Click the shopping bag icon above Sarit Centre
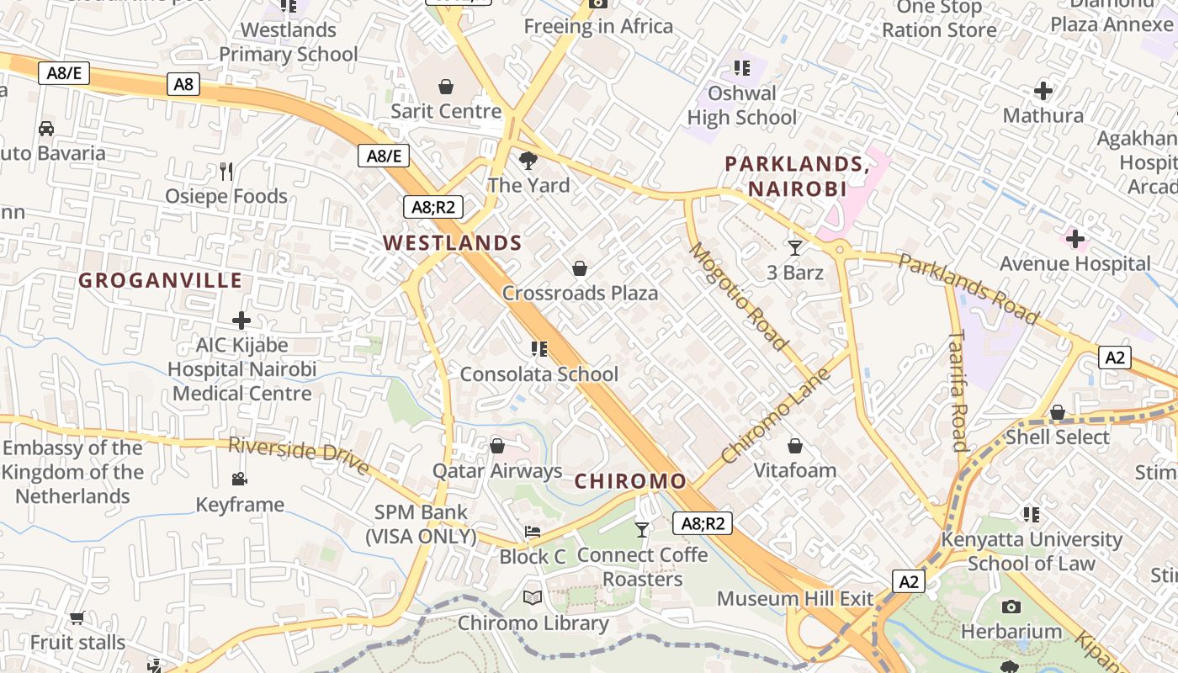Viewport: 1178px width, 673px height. [446, 86]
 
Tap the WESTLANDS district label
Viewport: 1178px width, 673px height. [453, 243]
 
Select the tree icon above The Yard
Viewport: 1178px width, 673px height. [528, 160]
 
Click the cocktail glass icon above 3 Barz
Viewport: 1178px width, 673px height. [795, 247]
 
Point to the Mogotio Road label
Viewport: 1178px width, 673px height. [739, 296]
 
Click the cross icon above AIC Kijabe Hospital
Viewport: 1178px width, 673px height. [241, 321]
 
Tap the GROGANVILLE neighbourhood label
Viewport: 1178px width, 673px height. [161, 280]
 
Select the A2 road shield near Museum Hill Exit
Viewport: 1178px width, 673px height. [908, 581]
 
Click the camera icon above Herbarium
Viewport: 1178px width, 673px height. [1011, 607]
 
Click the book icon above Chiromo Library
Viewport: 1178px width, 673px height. [533, 598]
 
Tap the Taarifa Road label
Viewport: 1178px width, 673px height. [958, 390]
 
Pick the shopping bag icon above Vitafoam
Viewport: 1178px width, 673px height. [795, 446]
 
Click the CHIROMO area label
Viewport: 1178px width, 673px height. [630, 481]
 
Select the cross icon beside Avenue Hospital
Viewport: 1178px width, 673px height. [1075, 239]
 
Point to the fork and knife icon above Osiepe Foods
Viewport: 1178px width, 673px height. [226, 172]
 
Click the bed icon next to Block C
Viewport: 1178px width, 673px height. [533, 532]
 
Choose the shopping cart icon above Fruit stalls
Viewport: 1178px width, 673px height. [77, 618]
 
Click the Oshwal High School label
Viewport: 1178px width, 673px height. [741, 105]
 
